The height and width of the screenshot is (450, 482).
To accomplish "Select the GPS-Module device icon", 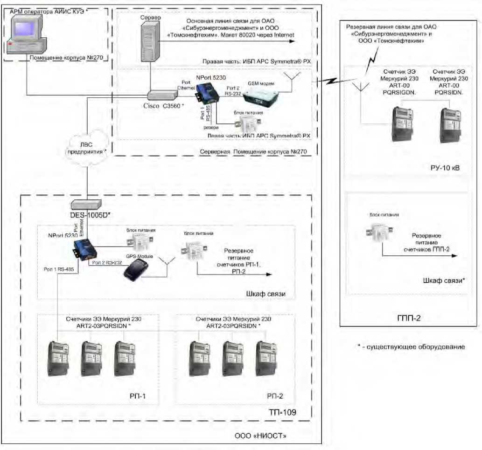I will [x=136, y=270].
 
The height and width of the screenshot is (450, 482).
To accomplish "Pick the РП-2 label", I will [x=275, y=396].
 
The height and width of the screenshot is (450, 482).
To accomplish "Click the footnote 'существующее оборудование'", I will [x=411, y=347].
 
